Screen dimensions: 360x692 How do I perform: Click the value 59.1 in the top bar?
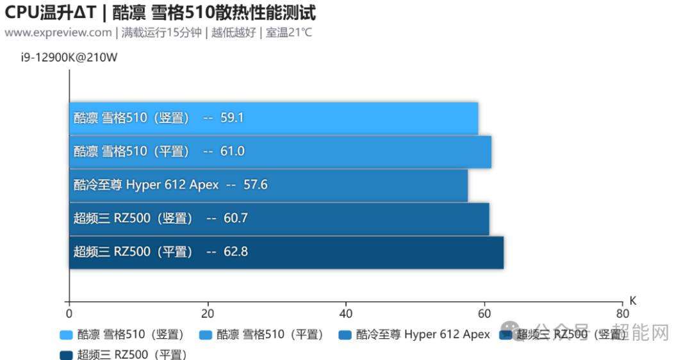pos(232,118)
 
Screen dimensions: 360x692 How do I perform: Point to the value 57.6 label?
pos(255,185)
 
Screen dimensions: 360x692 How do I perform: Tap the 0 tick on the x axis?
pos(69,314)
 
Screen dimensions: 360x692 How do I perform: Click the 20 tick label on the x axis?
pos(207,314)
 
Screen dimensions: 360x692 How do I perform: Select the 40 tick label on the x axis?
pos(345,314)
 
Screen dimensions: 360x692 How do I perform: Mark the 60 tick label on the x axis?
pos(484,314)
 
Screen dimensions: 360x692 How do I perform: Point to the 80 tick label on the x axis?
pos(622,314)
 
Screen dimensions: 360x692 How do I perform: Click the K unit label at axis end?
pos(632,300)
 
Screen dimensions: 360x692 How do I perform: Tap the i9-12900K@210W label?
pos(69,58)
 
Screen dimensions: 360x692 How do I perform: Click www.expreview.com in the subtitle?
pos(58,32)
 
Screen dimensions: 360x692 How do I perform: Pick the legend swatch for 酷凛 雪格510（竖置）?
pos(66,335)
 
